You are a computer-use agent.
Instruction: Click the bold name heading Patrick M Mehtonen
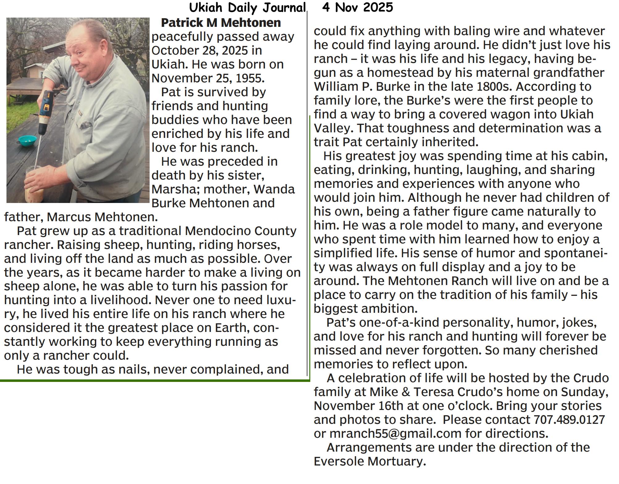(x=221, y=23)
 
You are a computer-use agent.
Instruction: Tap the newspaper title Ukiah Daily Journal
(x=247, y=7)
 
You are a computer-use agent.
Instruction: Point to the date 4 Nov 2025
(x=357, y=7)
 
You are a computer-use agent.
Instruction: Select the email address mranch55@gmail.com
(x=395, y=433)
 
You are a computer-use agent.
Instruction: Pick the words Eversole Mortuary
(x=369, y=461)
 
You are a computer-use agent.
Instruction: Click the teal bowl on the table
(x=27, y=140)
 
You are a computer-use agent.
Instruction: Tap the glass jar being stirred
(x=35, y=185)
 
